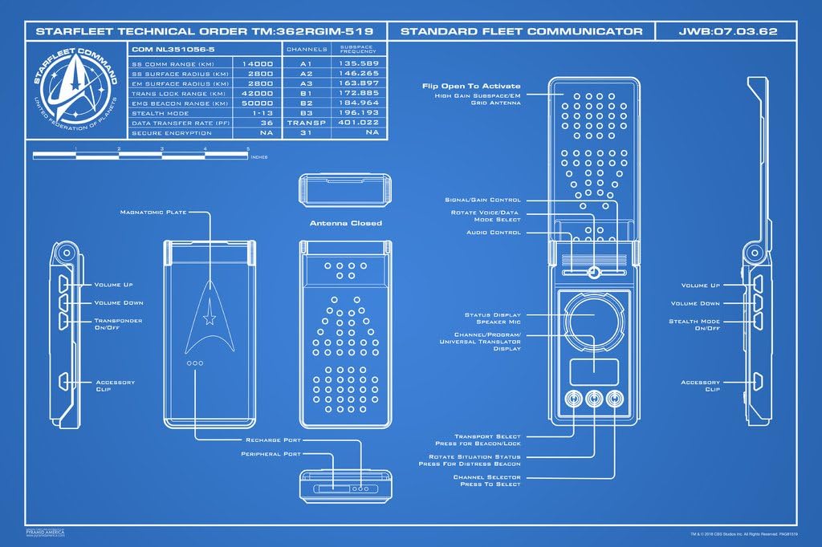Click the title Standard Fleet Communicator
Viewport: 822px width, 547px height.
(x=521, y=31)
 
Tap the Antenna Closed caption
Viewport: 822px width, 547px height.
(x=345, y=223)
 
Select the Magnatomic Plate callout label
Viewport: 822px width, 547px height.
(x=153, y=213)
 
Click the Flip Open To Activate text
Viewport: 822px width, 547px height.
(x=471, y=86)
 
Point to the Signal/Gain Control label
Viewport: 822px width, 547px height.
(x=482, y=200)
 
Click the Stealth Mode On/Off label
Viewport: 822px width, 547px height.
(x=694, y=326)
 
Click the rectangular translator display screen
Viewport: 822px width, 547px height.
(x=593, y=370)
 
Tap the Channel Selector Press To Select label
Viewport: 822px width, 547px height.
(x=486, y=480)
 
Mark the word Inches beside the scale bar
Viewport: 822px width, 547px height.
(x=259, y=157)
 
